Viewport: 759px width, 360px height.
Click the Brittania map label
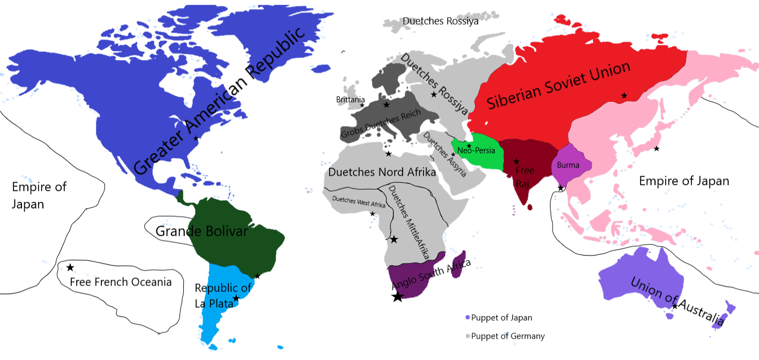(x=351, y=100)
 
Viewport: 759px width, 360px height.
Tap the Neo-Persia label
(x=476, y=151)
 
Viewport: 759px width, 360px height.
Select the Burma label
(x=568, y=165)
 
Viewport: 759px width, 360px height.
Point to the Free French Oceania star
(x=70, y=267)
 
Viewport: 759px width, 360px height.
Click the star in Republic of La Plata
(x=236, y=298)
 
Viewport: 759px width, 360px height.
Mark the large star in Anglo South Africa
(x=397, y=296)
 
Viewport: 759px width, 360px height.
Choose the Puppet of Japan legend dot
(x=467, y=318)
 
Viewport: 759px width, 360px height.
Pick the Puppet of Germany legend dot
(x=467, y=336)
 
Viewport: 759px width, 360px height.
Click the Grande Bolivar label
(x=202, y=231)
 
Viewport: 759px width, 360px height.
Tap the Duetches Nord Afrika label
(x=382, y=173)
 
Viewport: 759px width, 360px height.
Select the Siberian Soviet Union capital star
(x=624, y=95)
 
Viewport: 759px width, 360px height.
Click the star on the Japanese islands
(x=657, y=148)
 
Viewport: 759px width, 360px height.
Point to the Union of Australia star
(x=675, y=306)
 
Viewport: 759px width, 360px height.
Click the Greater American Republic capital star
(x=196, y=138)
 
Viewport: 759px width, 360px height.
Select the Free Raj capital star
(x=517, y=161)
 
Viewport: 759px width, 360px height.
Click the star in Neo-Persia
(x=469, y=146)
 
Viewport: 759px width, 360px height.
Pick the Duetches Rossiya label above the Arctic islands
(x=441, y=21)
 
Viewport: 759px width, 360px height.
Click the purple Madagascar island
(x=460, y=264)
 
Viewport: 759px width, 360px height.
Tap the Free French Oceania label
(x=121, y=282)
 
